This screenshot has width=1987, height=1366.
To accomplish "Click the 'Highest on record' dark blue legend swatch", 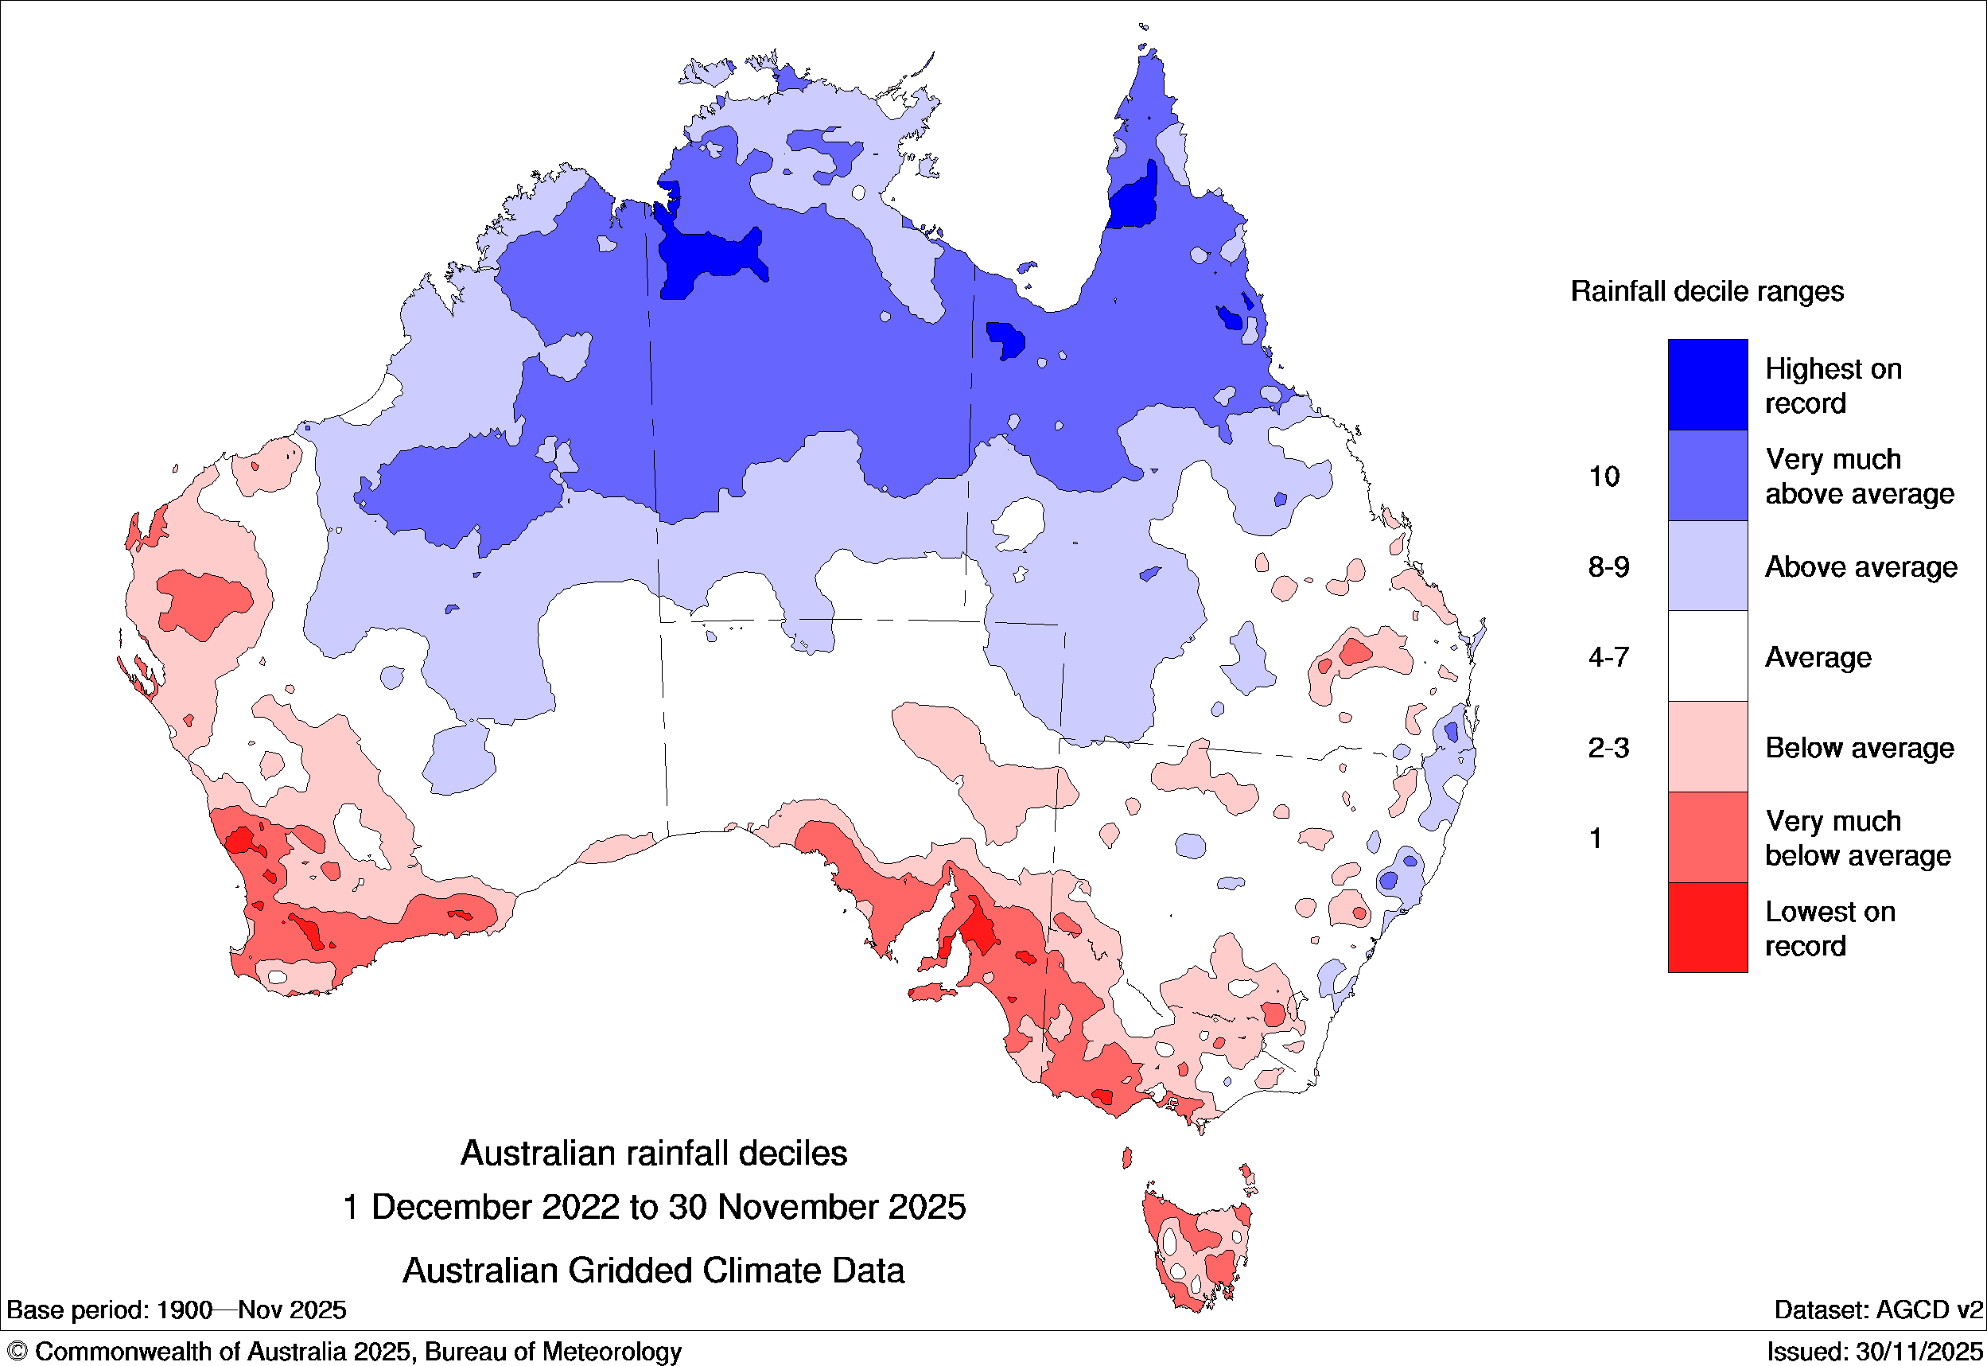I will coord(1706,384).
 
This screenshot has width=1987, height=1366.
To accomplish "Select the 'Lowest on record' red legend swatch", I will coord(1706,927).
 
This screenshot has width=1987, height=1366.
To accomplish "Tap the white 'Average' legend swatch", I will coord(1706,656).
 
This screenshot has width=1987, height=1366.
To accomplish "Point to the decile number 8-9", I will coord(1608,566).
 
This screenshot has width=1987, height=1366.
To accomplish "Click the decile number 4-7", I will coord(1608,657).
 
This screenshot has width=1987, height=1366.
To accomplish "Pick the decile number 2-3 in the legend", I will coord(1608,748).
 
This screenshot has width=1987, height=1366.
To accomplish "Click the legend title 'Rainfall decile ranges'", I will coord(1706,291).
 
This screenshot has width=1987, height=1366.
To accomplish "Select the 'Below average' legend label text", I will coord(1859,748).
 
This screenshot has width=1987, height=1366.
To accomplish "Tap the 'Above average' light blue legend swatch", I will coord(1706,566).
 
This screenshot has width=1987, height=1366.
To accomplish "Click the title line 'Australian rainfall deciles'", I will coord(654,1153).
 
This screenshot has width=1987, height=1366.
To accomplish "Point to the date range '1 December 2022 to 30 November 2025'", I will coord(654,1207).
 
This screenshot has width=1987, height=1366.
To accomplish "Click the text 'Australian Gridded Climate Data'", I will coord(654,1271).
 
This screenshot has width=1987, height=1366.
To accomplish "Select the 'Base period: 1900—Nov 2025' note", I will coord(177,1310).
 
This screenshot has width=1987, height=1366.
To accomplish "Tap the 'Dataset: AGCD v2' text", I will coord(1877,1310).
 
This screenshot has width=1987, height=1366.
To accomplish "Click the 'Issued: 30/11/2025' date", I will coord(1874,1352).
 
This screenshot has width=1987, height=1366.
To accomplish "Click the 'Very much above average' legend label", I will coord(1859,476).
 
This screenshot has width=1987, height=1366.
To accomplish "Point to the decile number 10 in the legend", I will coord(1604,476).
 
